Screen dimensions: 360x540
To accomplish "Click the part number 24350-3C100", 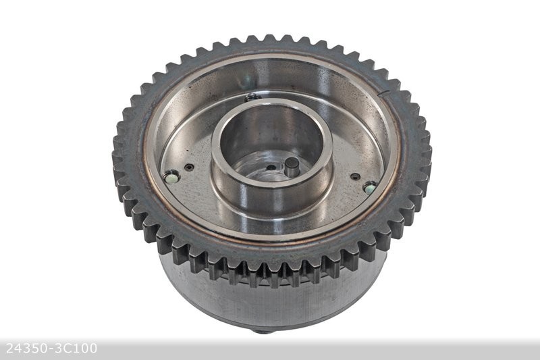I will coord(51,349).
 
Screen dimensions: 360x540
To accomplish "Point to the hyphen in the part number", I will coord(49,349).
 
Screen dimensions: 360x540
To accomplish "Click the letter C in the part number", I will coord(67,349).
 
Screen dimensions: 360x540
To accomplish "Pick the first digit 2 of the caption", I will coord(9,349).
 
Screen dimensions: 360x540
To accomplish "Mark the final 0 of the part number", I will coord(92,349).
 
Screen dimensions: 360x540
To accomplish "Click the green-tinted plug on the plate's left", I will coord(171,177).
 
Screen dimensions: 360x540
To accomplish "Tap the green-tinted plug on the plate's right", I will coord(369,187).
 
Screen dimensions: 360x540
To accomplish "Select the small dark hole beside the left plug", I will coord(189,168).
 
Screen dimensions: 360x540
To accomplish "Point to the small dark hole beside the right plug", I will coord(355,177).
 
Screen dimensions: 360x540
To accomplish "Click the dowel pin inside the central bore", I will coord(292,166).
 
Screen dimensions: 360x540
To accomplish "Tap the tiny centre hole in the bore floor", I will coord(270,168).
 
